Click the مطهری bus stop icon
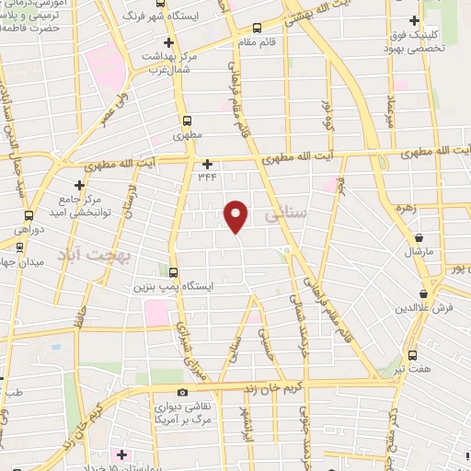click(x=188, y=121)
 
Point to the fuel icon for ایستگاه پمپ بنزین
click(x=173, y=270)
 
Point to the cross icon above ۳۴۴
click(x=207, y=164)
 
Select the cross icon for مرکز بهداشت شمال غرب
click(x=168, y=42)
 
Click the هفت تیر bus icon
click(x=411, y=354)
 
